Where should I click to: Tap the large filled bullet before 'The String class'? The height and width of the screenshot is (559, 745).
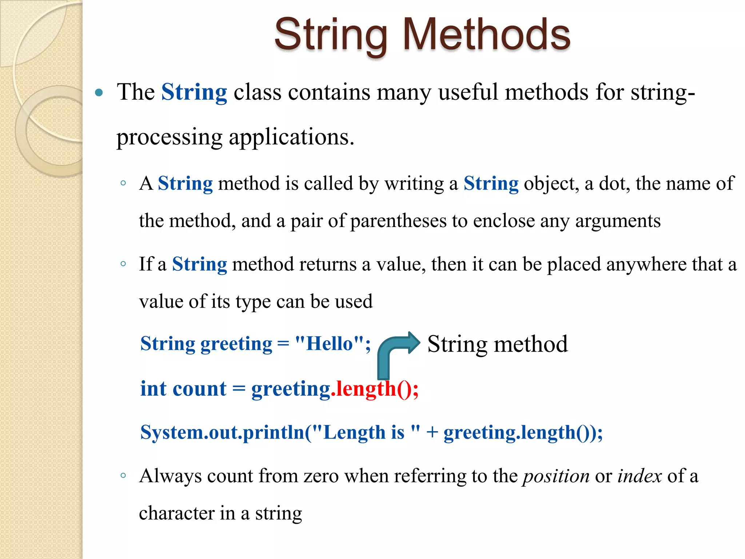pyautogui.click(x=99, y=92)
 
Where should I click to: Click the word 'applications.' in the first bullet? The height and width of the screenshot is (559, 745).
pyautogui.click(x=291, y=138)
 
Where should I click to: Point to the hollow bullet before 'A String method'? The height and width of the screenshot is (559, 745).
pyautogui.click(x=123, y=183)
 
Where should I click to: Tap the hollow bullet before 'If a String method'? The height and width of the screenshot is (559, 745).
pyautogui.click(x=123, y=264)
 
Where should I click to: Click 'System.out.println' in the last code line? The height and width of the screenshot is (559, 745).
pyautogui.click(x=222, y=433)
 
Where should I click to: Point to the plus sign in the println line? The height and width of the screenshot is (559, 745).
pyautogui.click(x=432, y=433)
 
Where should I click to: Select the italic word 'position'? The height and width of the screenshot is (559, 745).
pyautogui.click(x=556, y=476)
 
